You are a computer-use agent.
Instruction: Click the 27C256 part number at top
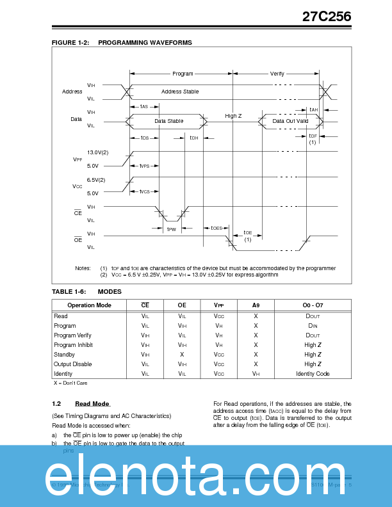(327, 17)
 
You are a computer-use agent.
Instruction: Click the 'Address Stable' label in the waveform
(180, 92)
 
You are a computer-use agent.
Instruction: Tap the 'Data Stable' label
(169, 120)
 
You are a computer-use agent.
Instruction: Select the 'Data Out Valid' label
(290, 120)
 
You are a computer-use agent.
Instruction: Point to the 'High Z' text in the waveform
(233, 116)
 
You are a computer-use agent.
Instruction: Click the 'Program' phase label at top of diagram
(183, 74)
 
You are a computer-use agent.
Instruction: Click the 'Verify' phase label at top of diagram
(277, 74)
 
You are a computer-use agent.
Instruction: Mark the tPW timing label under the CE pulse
(171, 229)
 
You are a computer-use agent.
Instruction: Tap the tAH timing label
(313, 109)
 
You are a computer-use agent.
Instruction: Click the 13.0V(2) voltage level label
(97, 152)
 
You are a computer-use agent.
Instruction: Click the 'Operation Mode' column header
(89, 305)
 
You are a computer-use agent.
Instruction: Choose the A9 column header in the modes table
(256, 305)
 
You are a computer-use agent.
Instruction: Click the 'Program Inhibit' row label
(73, 345)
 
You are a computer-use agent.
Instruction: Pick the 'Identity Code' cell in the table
(313, 374)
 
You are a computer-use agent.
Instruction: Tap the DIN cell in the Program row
(313, 326)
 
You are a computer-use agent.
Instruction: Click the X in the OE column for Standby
(182, 355)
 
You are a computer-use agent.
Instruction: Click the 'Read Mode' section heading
(92, 404)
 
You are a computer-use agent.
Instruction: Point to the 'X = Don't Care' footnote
(70, 383)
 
